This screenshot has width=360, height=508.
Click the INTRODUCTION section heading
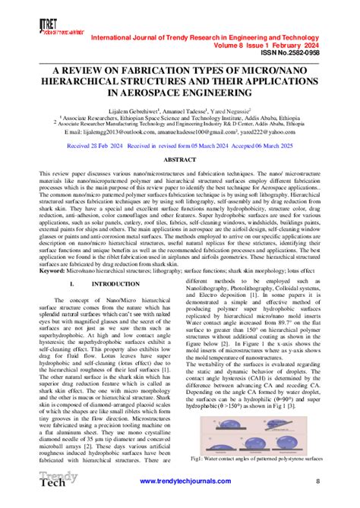click(x=112, y=283)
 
